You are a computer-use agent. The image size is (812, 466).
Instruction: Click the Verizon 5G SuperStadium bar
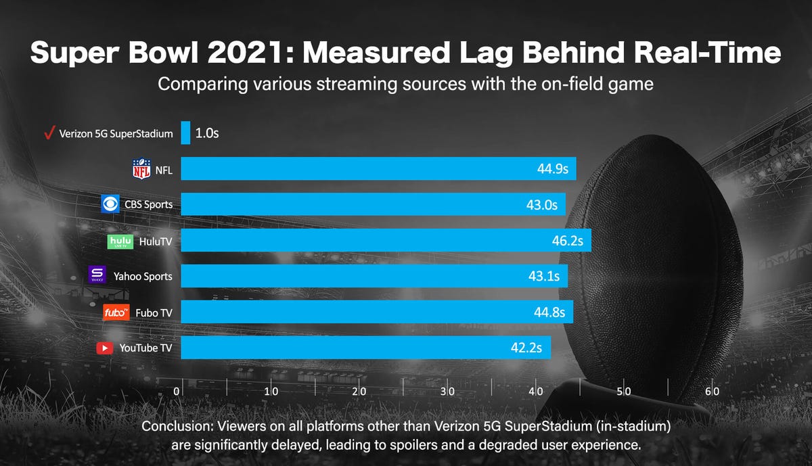(x=185, y=133)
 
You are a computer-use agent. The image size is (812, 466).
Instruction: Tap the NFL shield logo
(x=141, y=169)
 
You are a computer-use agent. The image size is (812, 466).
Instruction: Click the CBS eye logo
(x=110, y=204)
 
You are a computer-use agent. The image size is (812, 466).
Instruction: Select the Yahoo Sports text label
(x=148, y=276)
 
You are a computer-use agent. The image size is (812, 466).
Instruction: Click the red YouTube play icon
(x=105, y=348)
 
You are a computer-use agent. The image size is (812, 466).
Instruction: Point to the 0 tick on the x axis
(x=177, y=392)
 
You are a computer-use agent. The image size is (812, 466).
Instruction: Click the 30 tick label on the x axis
(x=447, y=392)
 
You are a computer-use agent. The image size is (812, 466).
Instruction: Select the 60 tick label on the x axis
(x=711, y=392)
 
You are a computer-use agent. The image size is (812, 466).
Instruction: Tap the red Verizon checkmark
(x=48, y=133)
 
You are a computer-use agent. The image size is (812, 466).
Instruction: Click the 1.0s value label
(x=206, y=133)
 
